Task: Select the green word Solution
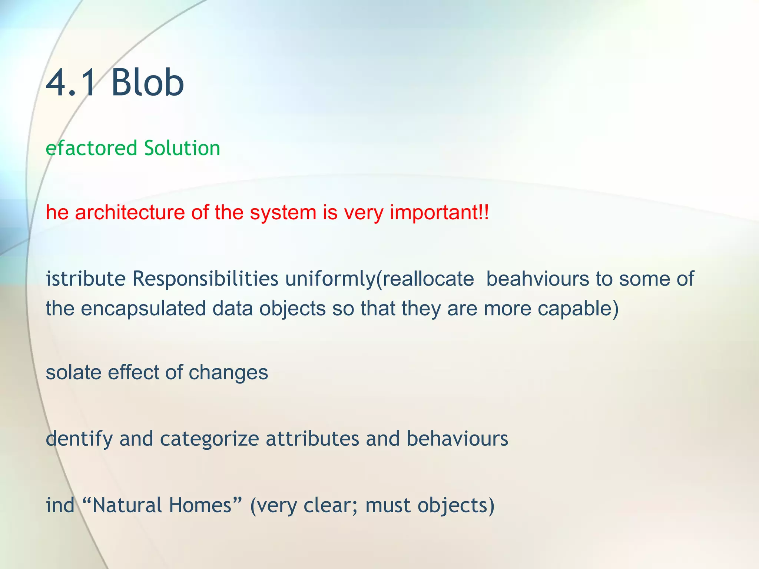point(182,148)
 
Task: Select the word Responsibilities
point(205,279)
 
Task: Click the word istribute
point(86,279)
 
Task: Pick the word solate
point(73,372)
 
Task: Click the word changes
point(228,373)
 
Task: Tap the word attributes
point(312,439)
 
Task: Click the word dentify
point(79,439)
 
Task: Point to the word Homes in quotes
point(200,505)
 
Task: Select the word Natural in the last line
point(126,505)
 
